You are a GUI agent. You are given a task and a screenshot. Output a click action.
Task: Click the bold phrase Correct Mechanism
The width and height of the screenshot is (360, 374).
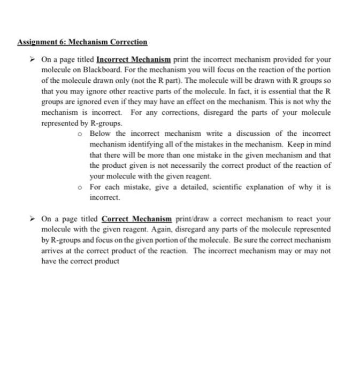click(x=136, y=219)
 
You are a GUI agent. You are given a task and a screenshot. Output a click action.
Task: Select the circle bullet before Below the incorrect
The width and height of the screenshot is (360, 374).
click(x=80, y=134)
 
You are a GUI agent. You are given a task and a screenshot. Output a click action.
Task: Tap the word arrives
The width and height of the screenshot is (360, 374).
click(x=52, y=251)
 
